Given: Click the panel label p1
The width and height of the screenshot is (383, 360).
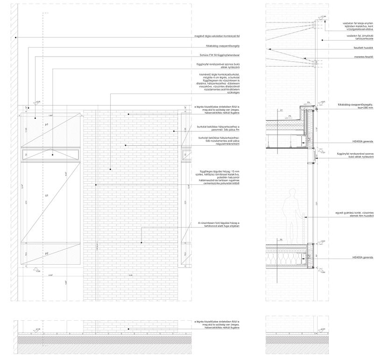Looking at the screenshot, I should (47, 126).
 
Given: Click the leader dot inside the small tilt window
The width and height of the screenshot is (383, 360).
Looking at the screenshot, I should (52, 155).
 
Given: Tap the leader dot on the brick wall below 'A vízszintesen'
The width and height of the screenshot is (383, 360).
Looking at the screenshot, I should (142, 243).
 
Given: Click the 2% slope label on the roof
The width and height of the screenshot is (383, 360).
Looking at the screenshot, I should (290, 116).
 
